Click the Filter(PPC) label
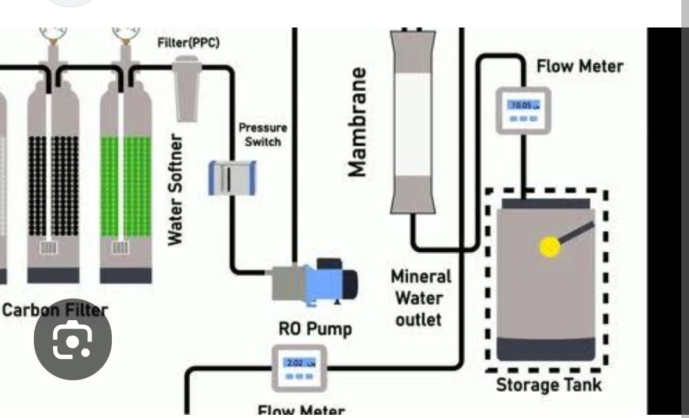click(189, 43)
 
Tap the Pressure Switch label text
click(263, 135)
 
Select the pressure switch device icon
click(233, 177)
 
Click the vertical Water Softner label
click(176, 188)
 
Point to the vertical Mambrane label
click(359, 121)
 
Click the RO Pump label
click(315, 329)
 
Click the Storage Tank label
click(548, 385)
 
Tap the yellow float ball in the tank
click(550, 247)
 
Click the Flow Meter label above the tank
click(579, 66)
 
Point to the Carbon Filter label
click(55, 311)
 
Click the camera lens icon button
click(73, 340)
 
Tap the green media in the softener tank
click(126, 185)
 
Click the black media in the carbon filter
click(54, 185)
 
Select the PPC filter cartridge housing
click(187, 89)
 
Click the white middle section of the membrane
click(414, 121)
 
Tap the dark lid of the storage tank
click(545, 204)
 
